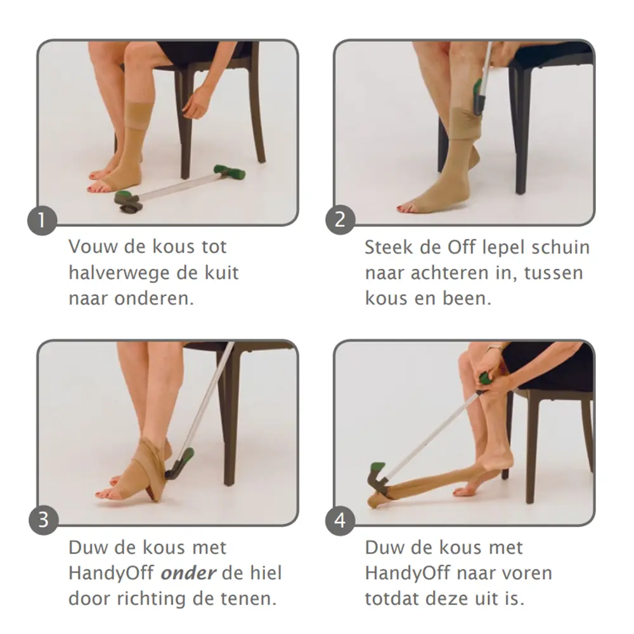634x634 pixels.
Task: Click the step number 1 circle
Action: (x=42, y=221)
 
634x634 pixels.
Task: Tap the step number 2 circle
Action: (x=340, y=220)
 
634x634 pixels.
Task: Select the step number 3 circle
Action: (x=43, y=520)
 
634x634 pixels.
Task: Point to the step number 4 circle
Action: (x=340, y=521)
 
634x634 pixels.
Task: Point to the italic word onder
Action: (x=188, y=573)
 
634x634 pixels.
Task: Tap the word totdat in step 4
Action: (x=391, y=599)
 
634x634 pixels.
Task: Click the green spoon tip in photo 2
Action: (x=478, y=89)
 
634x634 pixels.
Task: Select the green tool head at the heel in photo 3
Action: (x=179, y=464)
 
